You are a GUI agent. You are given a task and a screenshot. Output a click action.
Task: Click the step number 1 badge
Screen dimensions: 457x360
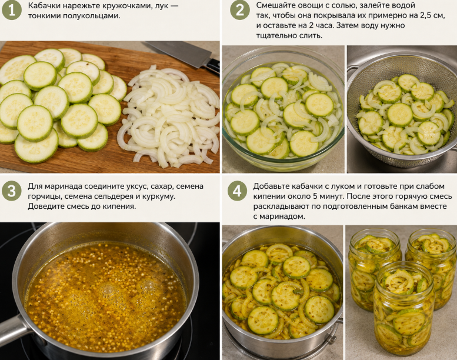(12, 10)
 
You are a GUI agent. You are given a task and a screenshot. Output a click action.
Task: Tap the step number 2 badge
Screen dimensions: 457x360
(240, 10)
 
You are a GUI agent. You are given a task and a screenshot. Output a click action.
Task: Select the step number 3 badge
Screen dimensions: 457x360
(12, 191)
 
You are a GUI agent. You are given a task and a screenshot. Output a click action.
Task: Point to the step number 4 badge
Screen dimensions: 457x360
(237, 191)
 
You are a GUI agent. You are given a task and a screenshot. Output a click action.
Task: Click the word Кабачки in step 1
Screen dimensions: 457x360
(42, 5)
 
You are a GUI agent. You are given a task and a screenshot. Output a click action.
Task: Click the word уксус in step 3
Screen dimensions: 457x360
(137, 186)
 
